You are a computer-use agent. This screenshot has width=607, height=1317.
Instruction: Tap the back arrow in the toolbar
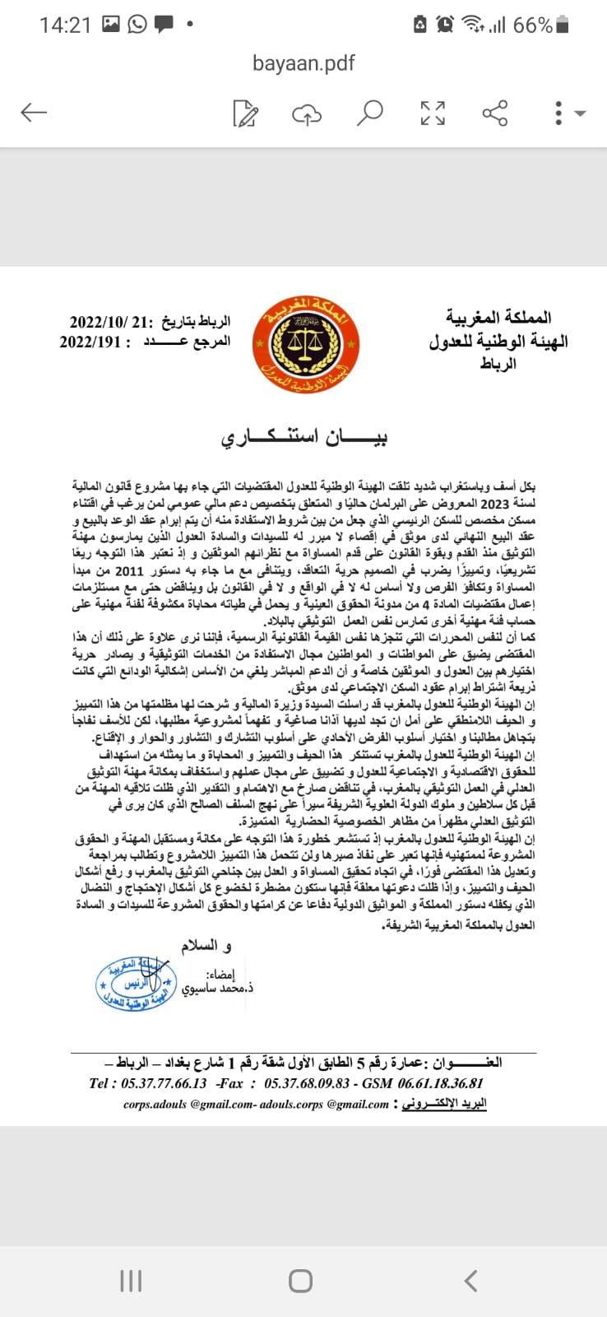tap(34, 112)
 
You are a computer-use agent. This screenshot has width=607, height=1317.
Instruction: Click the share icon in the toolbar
tap(494, 113)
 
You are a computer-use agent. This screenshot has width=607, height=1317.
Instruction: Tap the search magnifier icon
tap(369, 113)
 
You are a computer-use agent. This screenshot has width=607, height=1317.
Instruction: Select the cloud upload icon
tap(307, 114)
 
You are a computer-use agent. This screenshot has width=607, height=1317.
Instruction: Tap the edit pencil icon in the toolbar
tap(245, 114)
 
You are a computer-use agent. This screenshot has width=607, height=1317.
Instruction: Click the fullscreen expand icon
tap(433, 113)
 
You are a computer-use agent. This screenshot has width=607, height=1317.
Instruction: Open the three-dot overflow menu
tap(559, 113)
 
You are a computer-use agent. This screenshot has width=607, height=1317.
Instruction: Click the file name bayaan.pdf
tap(303, 63)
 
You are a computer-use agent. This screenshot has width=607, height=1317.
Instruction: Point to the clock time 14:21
tap(65, 26)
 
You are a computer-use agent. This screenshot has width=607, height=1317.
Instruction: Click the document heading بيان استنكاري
tap(303, 437)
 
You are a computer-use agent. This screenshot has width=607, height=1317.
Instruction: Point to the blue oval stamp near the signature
tap(137, 984)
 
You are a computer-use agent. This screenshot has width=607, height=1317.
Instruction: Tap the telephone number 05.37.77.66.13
tap(164, 1083)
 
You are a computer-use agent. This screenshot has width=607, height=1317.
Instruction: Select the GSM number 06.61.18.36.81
tap(439, 1083)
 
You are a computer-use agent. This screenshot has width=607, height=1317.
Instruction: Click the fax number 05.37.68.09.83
tap(306, 1083)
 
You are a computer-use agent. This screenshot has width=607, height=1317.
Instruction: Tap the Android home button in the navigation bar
tap(301, 1281)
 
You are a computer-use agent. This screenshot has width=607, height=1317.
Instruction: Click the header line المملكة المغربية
tap(498, 318)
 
